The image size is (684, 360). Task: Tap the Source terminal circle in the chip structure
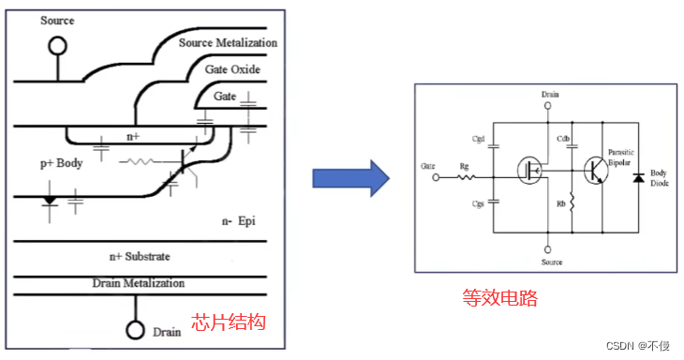click(x=58, y=44)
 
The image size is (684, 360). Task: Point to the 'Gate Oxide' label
click(x=233, y=70)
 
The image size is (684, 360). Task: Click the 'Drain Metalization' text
click(x=139, y=282)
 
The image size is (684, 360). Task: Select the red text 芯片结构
click(x=229, y=322)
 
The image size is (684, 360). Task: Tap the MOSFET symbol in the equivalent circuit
click(x=529, y=172)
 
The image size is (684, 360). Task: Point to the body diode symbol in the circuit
click(x=638, y=177)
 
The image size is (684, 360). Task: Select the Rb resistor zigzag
click(x=571, y=202)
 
